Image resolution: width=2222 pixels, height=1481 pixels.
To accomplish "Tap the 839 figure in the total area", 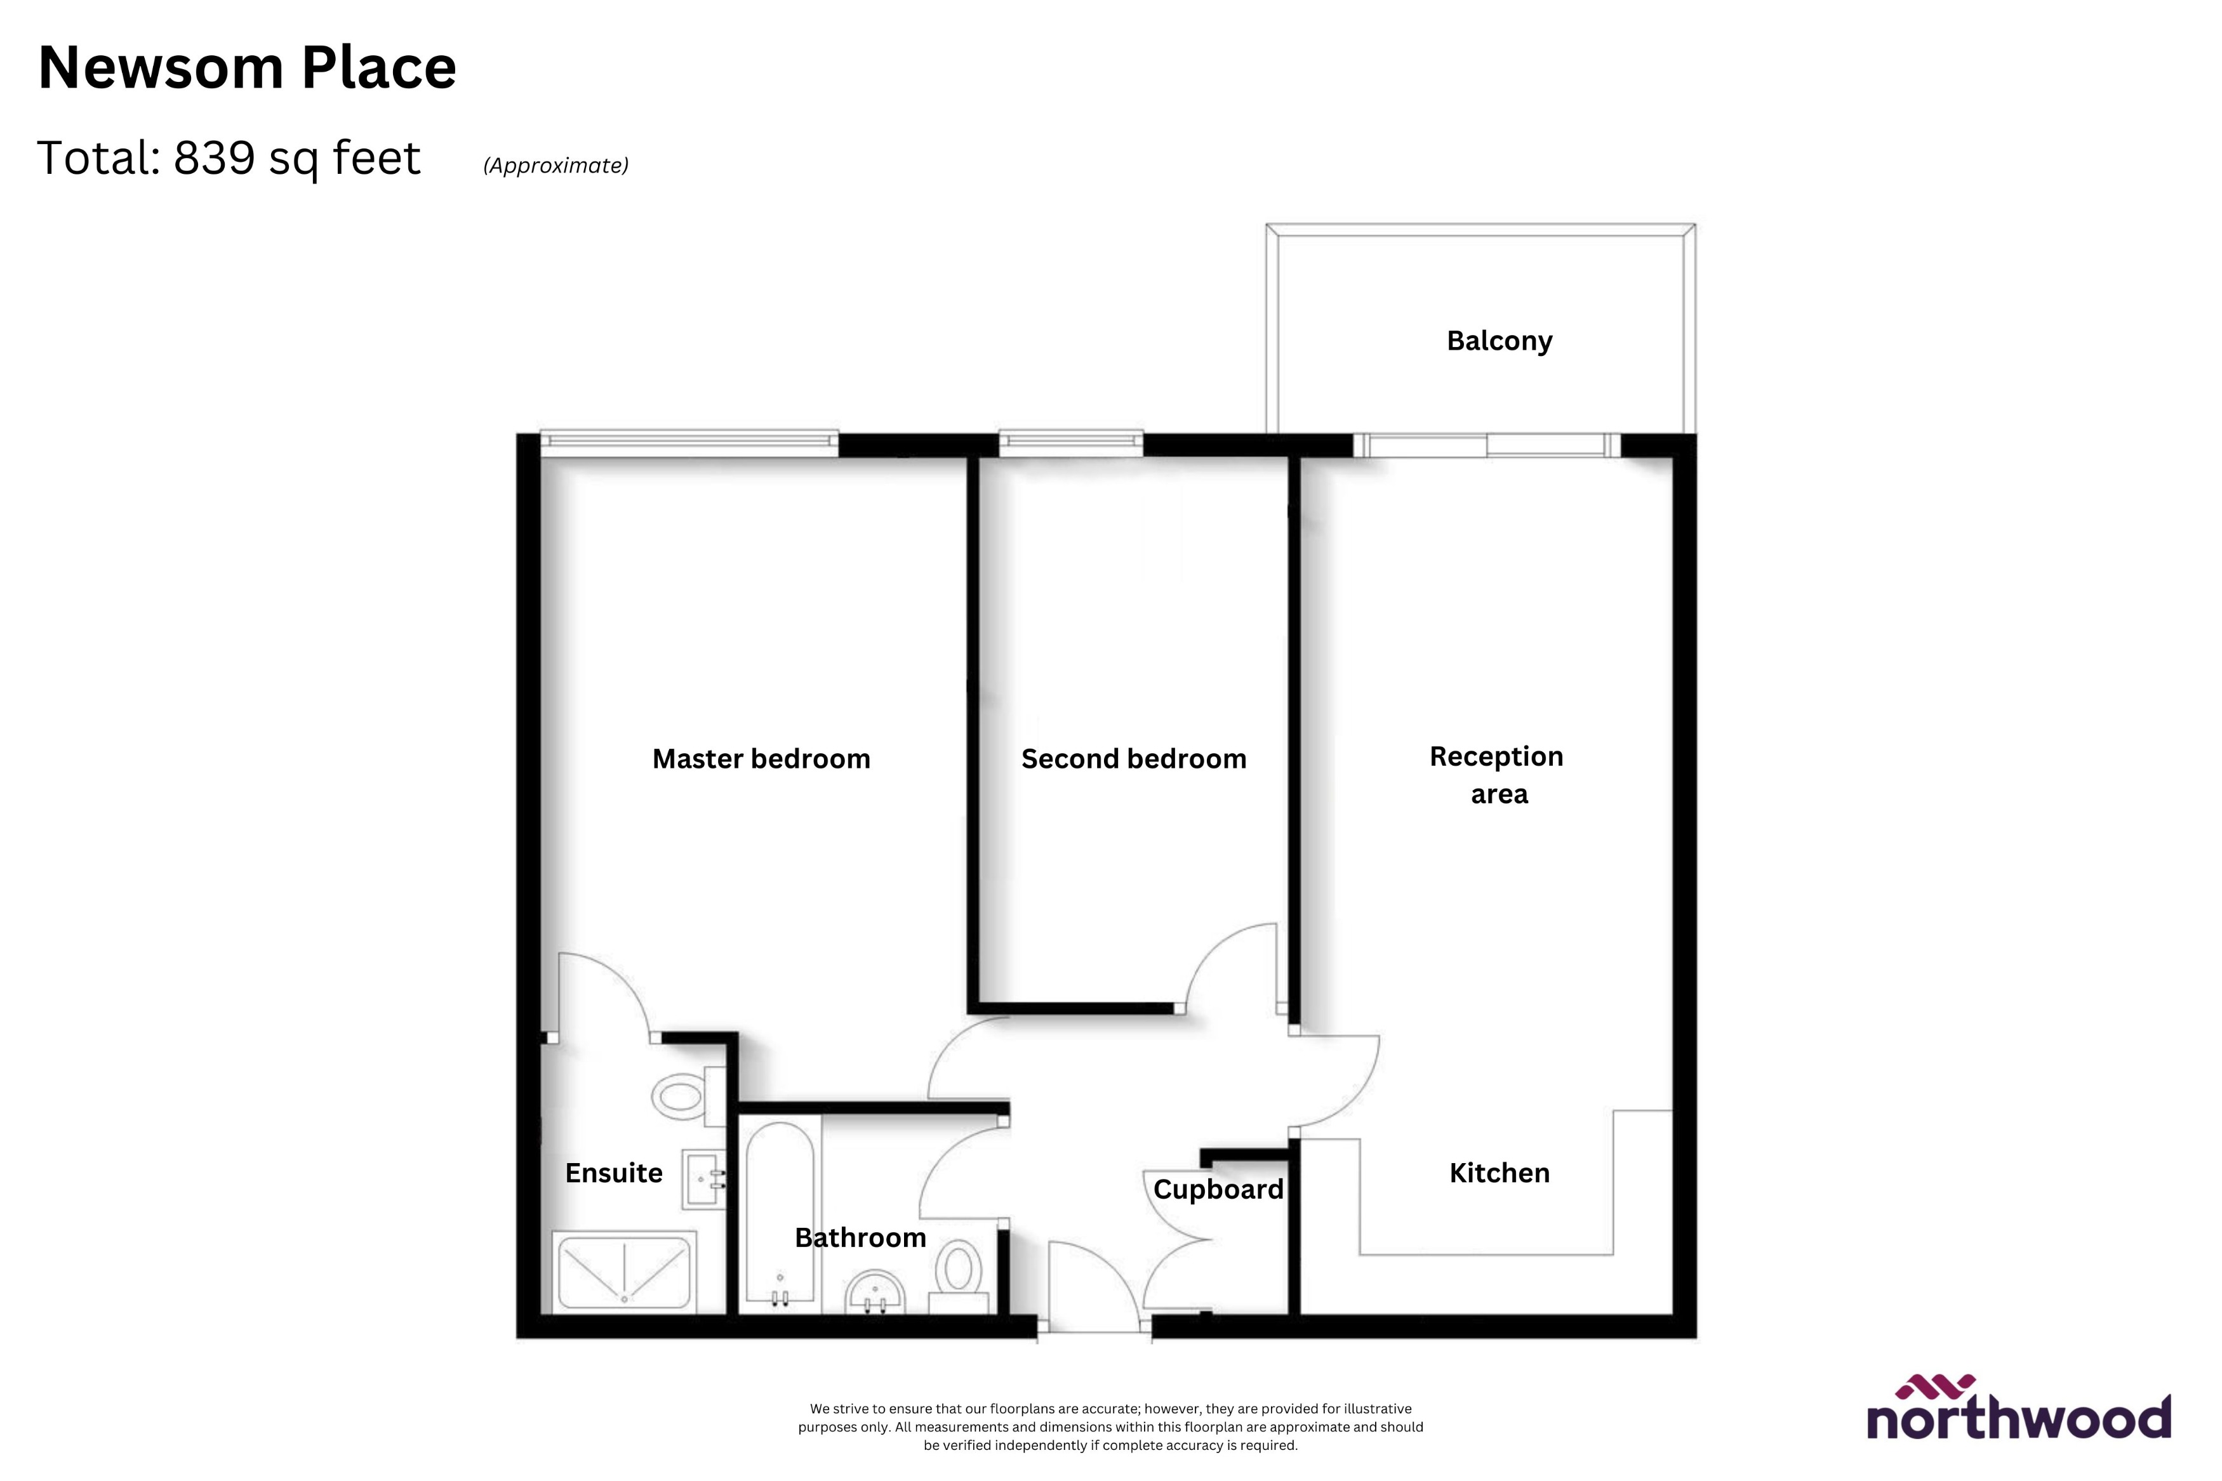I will tap(215, 158).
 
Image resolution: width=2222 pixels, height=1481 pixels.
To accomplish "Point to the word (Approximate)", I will tap(555, 165).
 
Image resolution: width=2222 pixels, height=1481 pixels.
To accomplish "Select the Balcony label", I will tap(1500, 341).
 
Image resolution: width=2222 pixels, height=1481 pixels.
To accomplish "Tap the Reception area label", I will tap(1498, 775).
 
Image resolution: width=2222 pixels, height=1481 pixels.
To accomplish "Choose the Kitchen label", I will tap(1500, 1173).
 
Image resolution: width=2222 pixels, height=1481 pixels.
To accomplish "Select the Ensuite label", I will tap(613, 1173).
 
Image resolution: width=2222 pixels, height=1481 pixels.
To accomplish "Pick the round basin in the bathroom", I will tap(875, 1293).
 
